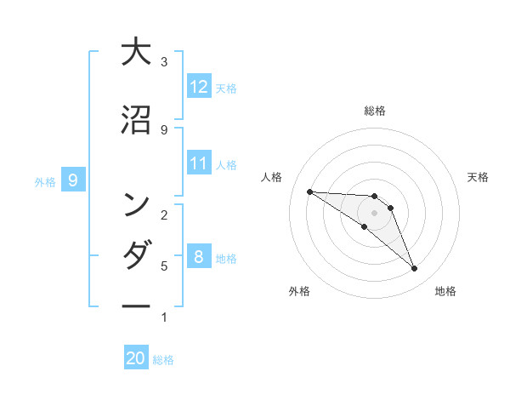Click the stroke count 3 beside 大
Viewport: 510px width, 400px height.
[x=163, y=62]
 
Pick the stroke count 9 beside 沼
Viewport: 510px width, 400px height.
[x=163, y=129]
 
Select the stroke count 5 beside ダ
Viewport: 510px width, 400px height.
[x=163, y=266]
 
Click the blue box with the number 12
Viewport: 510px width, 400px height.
[x=199, y=86]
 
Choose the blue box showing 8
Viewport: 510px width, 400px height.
[x=199, y=256]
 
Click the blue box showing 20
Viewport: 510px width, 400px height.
[x=136, y=358]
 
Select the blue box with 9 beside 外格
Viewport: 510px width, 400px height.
[x=73, y=180]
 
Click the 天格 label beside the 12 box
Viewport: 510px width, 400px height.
[x=226, y=88]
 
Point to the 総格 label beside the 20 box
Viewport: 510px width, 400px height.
[x=163, y=360]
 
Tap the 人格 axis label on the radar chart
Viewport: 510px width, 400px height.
[x=272, y=177]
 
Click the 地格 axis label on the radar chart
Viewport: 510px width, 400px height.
[x=445, y=292]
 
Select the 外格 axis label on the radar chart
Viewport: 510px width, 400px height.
[x=299, y=292]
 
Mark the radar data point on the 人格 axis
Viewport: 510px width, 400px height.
[x=309, y=191]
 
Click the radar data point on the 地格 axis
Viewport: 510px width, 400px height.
[x=415, y=269]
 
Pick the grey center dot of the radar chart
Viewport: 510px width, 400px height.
[x=374, y=213]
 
